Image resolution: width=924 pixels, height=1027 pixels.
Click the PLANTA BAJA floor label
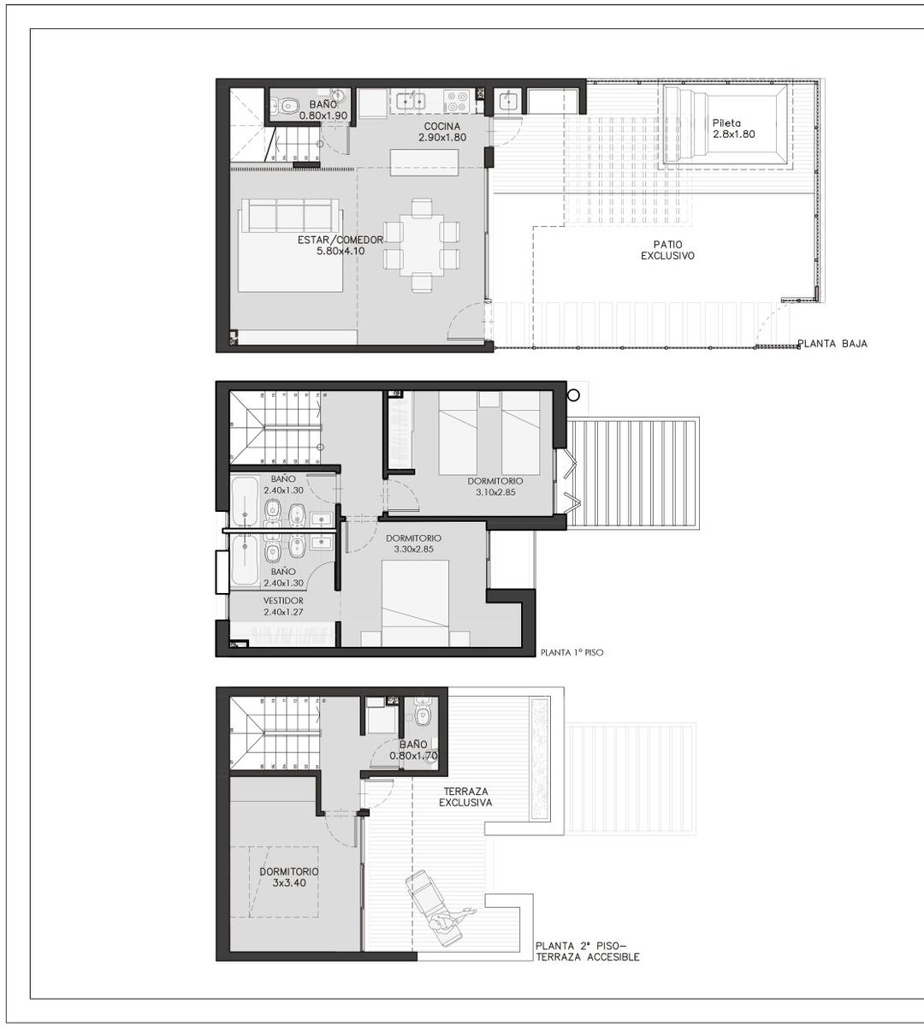pos(832,343)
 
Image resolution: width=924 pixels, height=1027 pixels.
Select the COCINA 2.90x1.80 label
pos(442,132)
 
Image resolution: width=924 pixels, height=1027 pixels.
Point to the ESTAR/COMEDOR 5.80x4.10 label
pos(341,246)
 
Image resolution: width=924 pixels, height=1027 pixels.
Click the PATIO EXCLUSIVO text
pos(667,250)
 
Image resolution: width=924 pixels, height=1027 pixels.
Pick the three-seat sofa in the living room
pos(291,216)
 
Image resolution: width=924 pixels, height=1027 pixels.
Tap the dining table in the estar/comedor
pos(422,245)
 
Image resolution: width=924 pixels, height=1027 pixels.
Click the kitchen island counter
pos(424,163)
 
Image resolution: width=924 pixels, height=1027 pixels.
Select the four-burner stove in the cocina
pos(457,101)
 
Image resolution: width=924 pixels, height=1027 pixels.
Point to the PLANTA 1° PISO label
pos(572,653)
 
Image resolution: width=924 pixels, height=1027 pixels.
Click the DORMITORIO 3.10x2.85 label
pos(495,486)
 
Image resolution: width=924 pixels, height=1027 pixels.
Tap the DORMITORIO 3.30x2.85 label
pos(413,543)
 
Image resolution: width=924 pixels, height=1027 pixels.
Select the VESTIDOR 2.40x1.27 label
pos(283,606)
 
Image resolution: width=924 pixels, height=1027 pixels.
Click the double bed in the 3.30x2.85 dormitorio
pos(415,603)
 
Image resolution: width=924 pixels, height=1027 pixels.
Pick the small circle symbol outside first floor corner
pos(574,395)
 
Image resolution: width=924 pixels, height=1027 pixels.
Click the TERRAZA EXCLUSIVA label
pos(465,797)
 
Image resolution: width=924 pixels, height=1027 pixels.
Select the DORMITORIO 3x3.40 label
pos(288,877)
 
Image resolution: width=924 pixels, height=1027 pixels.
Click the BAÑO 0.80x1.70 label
pos(413,750)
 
